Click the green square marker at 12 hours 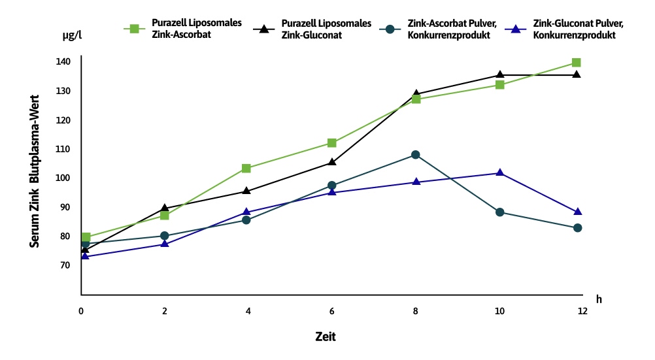pos(576,63)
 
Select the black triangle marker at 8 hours pos(416,94)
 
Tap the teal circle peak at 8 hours pos(416,155)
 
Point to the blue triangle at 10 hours pos(500,172)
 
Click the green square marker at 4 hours pos(246,169)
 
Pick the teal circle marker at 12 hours pos(577,228)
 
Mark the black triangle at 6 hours pos(332,162)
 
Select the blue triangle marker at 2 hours pos(165,244)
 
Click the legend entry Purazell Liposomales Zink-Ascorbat pos(186,29)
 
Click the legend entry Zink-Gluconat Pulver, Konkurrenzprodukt pos(568,29)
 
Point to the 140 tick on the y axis pos(63,61)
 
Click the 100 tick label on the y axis pos(63,178)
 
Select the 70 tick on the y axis pos(63,265)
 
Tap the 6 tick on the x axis pos(332,311)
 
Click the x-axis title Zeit pos(325,336)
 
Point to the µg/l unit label pos(72,37)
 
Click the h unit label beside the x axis pos(599,299)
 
